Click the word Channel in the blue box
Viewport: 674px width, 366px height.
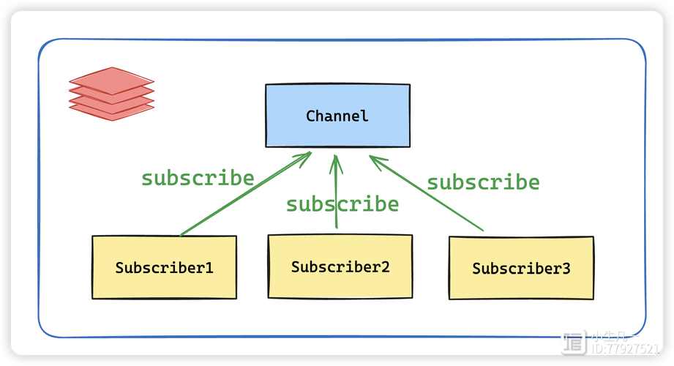pos(337,116)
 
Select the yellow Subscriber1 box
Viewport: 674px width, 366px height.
pos(164,267)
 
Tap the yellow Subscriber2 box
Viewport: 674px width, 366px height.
pos(340,266)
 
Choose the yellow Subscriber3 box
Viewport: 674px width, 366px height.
pos(521,268)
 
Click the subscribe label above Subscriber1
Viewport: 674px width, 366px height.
pos(198,178)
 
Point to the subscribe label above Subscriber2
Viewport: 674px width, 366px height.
pos(342,204)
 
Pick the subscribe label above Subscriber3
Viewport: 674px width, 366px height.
pos(483,182)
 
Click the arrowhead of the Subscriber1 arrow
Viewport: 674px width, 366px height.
pos(309,154)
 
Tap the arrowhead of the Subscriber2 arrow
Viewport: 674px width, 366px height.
pos(337,158)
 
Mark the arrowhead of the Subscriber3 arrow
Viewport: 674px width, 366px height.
pos(372,158)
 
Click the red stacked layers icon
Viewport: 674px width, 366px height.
pos(111,94)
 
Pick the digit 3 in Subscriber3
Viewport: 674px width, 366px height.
pos(566,268)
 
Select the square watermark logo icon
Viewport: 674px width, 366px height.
pos(574,342)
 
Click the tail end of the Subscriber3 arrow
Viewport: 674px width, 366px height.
pos(483,231)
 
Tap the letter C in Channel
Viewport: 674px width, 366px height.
pos(310,116)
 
